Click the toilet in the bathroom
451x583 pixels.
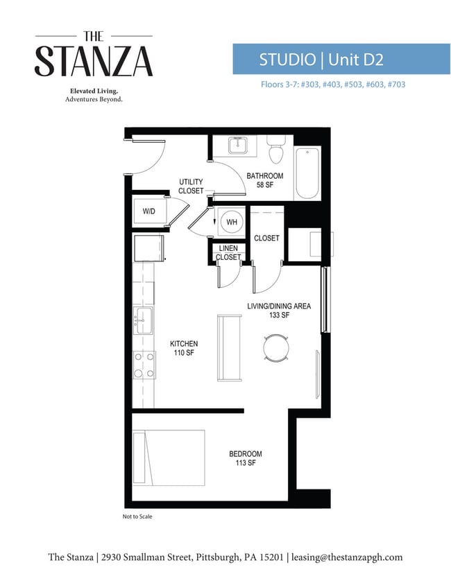[276, 149]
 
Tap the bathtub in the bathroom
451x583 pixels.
[307, 173]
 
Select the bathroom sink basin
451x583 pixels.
[238, 145]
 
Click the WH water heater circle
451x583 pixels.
[232, 222]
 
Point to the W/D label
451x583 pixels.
[149, 211]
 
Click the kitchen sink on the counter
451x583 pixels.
[143, 320]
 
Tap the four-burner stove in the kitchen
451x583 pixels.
[144, 365]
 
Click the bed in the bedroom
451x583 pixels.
[169, 458]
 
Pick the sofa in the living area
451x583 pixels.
[230, 347]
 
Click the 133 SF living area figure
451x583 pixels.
[279, 315]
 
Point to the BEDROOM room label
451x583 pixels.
[246, 453]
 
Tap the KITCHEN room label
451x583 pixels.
[184, 344]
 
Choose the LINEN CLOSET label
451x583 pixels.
[228, 252]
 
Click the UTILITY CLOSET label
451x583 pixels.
[191, 186]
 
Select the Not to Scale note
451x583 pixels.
[137, 516]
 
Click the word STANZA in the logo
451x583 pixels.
[94, 62]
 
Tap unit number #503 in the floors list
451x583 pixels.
[354, 85]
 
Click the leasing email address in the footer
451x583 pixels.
[347, 557]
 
